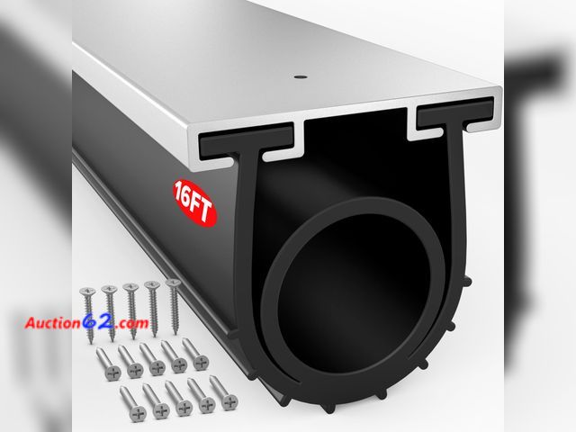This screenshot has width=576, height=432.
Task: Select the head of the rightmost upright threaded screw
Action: (173, 283)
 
